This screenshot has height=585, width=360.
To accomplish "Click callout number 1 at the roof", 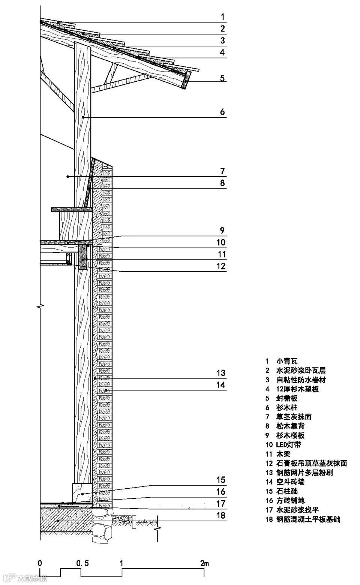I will (x=222, y=17).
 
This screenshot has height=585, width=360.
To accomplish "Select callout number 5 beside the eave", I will (x=222, y=78).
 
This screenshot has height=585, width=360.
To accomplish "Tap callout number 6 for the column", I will (x=222, y=112).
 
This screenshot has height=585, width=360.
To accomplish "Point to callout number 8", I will (x=222, y=183).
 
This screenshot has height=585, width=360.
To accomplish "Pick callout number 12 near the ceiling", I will (x=222, y=266).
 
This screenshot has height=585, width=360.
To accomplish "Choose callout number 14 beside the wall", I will (x=221, y=385).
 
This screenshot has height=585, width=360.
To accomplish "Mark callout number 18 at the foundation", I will (x=221, y=515).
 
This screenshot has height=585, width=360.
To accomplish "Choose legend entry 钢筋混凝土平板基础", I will (x=308, y=519).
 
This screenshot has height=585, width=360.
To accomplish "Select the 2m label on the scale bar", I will (x=204, y=563).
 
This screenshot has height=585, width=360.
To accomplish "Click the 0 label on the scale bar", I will (x=40, y=563).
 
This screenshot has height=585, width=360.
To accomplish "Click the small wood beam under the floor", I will (x=82, y=257).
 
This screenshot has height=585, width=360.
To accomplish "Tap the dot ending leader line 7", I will (x=67, y=176).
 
